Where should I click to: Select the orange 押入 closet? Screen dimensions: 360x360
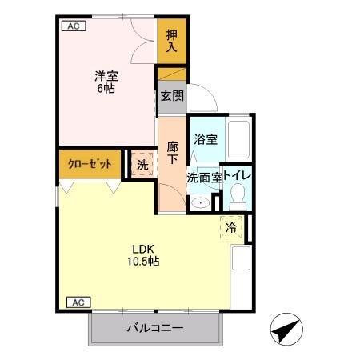point(172,42)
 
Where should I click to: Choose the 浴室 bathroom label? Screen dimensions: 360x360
point(206,139)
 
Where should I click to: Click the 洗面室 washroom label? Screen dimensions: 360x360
point(204,178)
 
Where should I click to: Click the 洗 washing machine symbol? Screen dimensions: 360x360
point(142,166)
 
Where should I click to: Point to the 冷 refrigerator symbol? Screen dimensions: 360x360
point(230,228)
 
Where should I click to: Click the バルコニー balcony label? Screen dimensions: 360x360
point(155,328)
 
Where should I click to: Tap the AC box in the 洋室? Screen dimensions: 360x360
point(73,26)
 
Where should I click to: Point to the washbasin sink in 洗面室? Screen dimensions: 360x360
point(201,203)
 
